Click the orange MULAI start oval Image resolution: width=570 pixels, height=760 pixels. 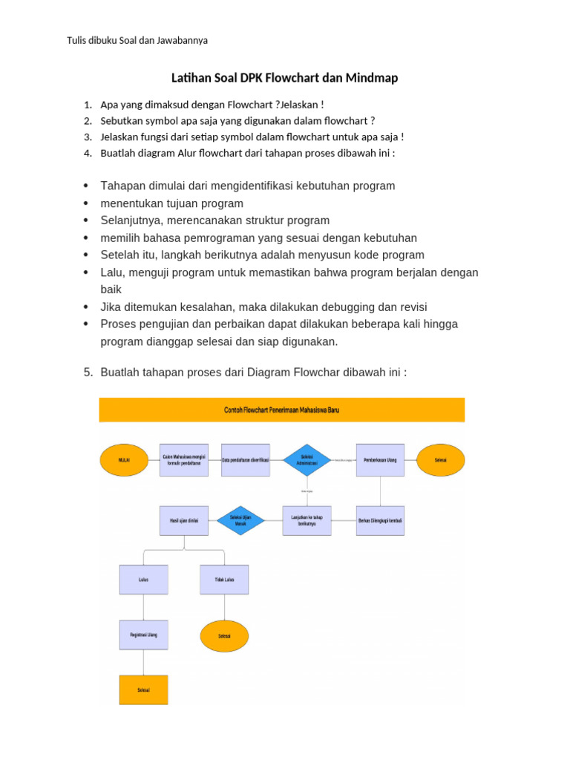click(x=124, y=460)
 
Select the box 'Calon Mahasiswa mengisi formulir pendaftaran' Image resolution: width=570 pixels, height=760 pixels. click(x=185, y=460)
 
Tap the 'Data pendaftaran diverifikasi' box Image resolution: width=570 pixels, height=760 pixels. click(x=246, y=460)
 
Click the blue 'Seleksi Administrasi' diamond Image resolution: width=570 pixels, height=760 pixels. click(x=307, y=460)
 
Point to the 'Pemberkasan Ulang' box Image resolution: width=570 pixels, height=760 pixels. click(x=381, y=460)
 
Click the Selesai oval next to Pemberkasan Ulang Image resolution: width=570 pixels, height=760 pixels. click(x=441, y=460)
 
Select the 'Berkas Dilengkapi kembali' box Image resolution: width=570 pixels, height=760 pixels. click(x=381, y=520)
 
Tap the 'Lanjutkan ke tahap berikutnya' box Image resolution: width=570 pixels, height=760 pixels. click(x=307, y=520)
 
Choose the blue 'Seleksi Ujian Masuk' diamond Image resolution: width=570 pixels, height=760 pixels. click(x=240, y=520)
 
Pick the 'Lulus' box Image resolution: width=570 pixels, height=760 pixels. click(x=143, y=580)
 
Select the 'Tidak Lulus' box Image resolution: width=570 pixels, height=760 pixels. click(x=224, y=580)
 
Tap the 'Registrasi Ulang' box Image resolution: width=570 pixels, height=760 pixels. click(x=143, y=635)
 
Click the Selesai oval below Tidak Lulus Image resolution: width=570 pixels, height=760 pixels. click(x=224, y=636)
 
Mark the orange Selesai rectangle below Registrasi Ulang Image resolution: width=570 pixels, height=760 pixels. click(x=143, y=689)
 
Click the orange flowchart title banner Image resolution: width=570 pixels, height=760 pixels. click(x=282, y=410)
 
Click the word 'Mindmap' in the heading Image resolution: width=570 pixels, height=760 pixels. click(x=371, y=77)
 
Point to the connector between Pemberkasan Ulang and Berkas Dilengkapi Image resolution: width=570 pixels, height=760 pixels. click(x=381, y=491)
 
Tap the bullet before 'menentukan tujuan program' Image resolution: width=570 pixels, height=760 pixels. click(x=87, y=203)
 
